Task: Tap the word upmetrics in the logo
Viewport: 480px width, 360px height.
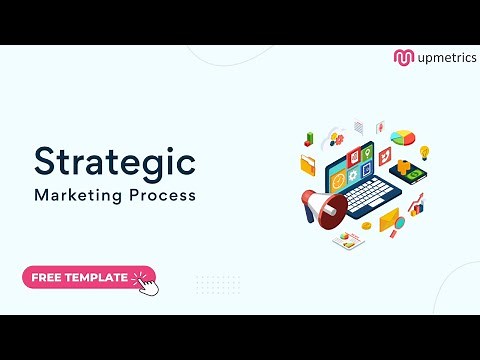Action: [442, 57]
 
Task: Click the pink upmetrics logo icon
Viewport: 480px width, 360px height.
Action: [403, 57]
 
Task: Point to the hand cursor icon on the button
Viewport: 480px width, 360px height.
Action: [146, 283]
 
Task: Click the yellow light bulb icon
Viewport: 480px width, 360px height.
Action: [425, 153]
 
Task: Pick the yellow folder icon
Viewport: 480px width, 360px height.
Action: [307, 165]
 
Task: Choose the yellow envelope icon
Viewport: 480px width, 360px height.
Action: [389, 218]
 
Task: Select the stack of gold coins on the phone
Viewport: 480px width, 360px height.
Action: [404, 166]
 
